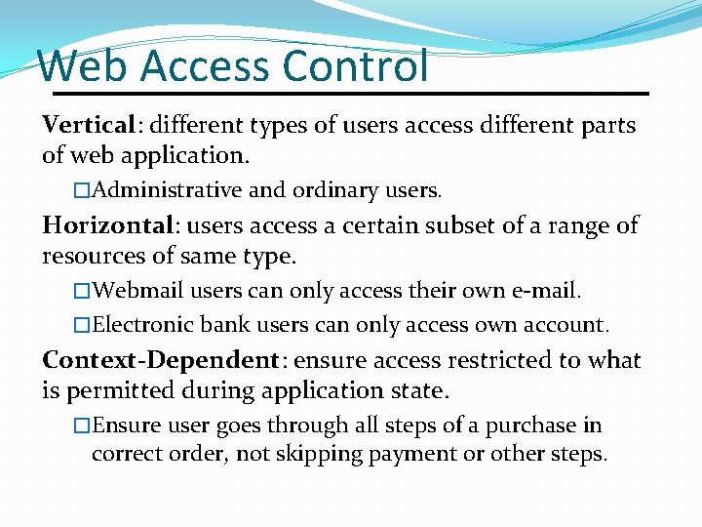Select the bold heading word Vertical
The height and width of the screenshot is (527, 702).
tap(88, 125)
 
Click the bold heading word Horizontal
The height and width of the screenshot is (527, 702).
tap(107, 225)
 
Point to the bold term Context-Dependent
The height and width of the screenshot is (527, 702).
tap(161, 360)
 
